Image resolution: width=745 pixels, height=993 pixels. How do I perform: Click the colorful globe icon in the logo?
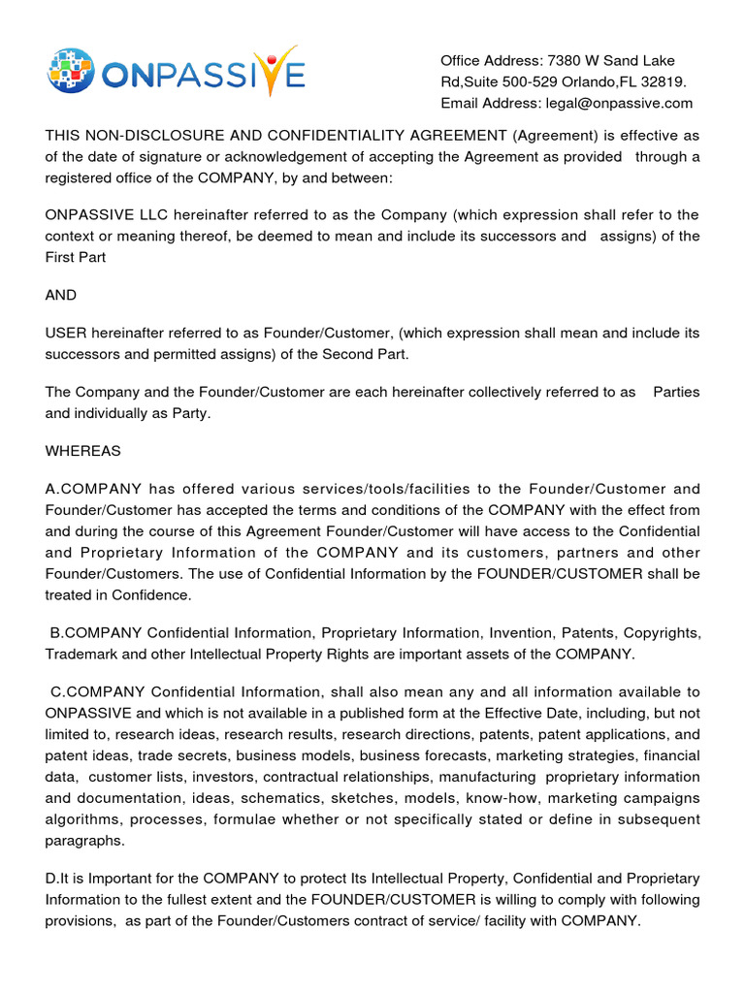[x=70, y=71]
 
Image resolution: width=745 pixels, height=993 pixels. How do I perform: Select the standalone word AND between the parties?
[x=61, y=295]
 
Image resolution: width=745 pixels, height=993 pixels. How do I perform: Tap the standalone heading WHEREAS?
[x=81, y=451]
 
